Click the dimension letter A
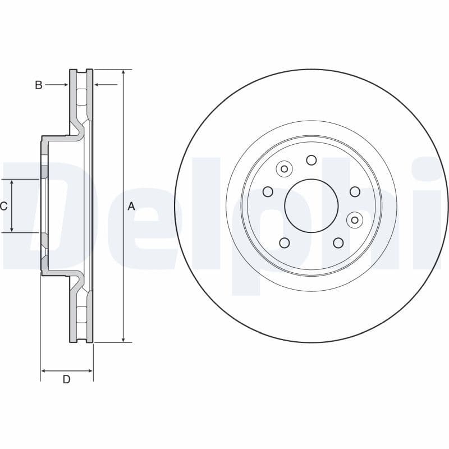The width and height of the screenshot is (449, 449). pos(131,206)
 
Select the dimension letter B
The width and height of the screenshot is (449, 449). pos(39,85)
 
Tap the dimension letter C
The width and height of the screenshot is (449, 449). pos(4,206)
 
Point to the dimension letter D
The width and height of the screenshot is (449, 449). pos(66,379)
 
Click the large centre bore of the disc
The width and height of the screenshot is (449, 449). pos(311,205)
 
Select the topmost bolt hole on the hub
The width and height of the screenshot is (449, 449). pos(311,160)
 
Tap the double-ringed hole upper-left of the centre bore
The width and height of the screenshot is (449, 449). pos(284,169)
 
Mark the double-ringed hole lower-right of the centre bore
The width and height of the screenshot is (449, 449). pos(354,220)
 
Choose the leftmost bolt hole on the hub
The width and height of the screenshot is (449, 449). pos(268,192)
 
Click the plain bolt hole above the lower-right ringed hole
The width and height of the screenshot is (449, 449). pos(355,192)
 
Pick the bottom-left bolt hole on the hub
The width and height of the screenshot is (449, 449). pos(284,242)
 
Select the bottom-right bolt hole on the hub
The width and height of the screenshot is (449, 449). pos(338,242)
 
